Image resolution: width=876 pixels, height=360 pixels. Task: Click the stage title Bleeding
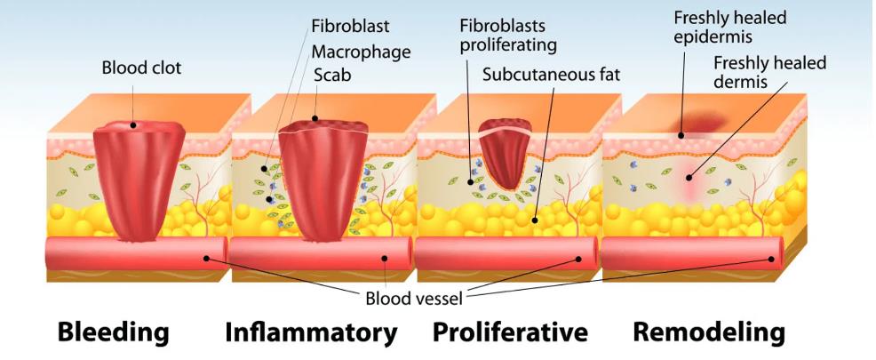pos(114,332)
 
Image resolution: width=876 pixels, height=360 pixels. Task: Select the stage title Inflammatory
pos(311,332)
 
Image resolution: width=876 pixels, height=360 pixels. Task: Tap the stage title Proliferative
pos(510,332)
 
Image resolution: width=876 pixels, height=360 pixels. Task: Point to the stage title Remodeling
pos(709,332)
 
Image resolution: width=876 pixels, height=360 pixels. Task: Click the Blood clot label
pos(141,68)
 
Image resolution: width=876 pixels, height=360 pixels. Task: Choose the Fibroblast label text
pos(350,27)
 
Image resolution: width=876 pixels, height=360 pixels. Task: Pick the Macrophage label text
pos(361,52)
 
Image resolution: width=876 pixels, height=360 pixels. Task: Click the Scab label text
pos(332,75)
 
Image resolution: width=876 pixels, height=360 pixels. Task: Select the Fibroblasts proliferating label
pos(508,36)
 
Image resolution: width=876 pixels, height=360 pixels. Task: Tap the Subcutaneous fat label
pos(552,75)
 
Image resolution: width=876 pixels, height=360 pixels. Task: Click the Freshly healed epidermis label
pos(729,28)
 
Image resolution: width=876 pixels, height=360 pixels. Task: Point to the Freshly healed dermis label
pos(769,72)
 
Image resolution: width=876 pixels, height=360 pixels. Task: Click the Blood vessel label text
pos(414,299)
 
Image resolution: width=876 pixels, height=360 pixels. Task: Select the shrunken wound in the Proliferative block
pos(505,153)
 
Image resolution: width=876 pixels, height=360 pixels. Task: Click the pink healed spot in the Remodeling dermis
pos(689,180)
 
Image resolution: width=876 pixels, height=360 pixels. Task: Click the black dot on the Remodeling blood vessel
pos(771,259)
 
